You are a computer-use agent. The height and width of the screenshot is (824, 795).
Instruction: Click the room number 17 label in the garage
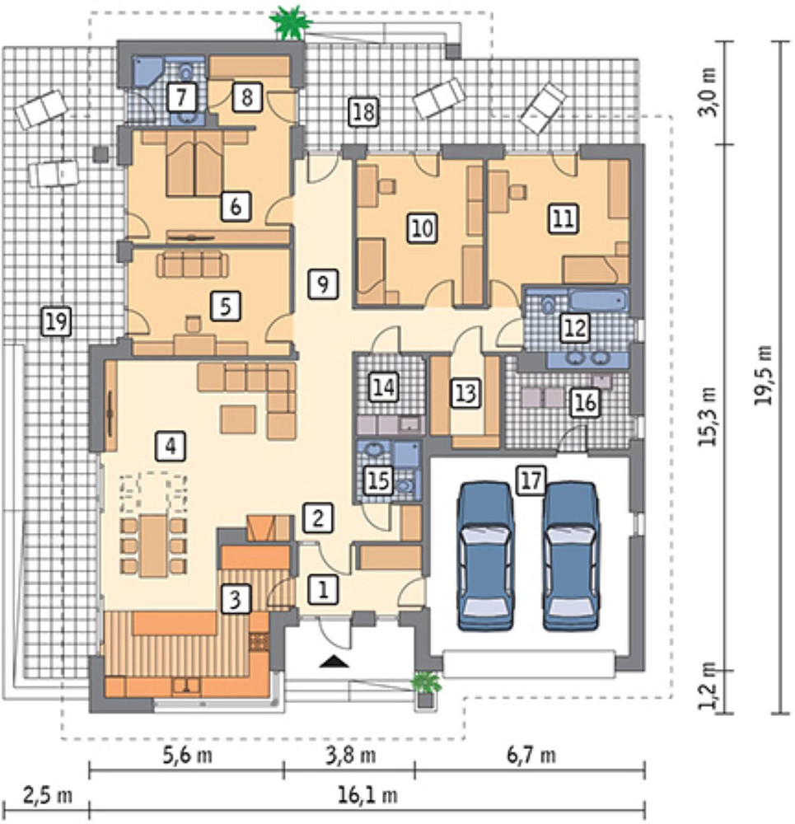(x=531, y=480)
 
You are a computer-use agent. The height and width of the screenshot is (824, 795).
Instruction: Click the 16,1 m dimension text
(x=367, y=796)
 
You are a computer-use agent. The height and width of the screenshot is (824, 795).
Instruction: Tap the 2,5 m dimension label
(x=47, y=796)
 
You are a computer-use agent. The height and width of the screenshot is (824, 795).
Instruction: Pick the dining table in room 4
(x=153, y=546)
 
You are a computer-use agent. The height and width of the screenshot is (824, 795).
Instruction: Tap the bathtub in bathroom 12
(x=598, y=301)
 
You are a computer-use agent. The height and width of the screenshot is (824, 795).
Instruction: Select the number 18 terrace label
(x=364, y=112)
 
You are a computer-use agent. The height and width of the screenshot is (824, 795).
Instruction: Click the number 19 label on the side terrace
(x=56, y=321)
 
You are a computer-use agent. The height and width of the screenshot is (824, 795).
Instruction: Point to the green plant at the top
(x=291, y=22)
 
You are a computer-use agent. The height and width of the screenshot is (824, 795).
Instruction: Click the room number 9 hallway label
(x=323, y=283)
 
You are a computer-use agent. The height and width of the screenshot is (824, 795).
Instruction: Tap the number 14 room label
(x=384, y=386)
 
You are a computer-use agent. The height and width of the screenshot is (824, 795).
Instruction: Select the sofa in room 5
(x=192, y=265)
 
